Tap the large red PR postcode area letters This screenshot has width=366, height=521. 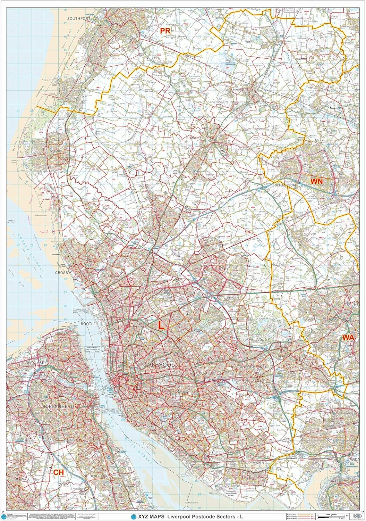coord(165,31)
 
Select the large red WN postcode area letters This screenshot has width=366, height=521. coord(316,181)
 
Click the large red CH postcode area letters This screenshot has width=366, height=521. coord(59,472)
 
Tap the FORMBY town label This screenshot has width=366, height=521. coord(55,152)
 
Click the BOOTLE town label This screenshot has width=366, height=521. coord(88,324)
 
